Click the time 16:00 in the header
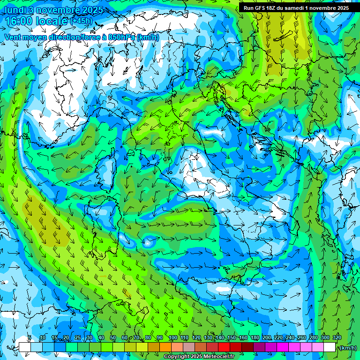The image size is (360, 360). [19, 21]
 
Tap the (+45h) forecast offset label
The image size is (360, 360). [81, 21]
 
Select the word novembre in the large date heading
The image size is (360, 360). [61, 9]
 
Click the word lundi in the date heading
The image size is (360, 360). [14, 9]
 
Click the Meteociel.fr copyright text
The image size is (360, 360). [199, 357]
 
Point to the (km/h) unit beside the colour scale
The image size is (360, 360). [348, 347]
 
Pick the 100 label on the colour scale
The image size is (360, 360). [172, 338]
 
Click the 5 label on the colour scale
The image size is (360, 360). [30, 338]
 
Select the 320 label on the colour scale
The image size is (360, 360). [337, 338]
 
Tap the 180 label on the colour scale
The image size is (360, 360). [255, 338]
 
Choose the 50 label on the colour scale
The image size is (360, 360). [113, 338]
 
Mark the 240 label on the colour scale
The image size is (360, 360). [290, 338]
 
